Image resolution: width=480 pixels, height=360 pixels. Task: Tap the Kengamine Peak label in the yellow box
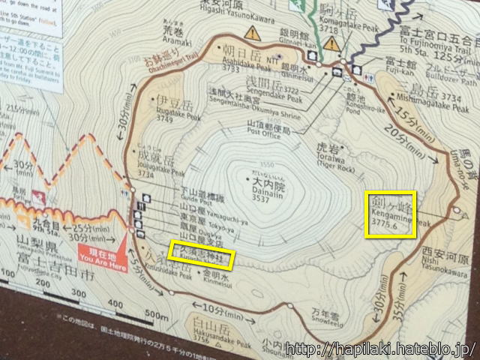coord(390,214)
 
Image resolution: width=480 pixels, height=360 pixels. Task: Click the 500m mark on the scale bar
coord(155,313)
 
